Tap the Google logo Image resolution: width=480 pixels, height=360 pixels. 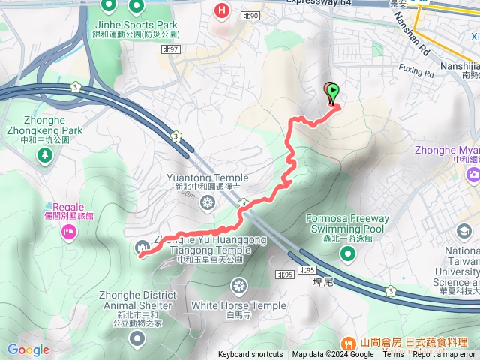point(28,349)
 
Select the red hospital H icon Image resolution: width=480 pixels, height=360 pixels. point(222,10)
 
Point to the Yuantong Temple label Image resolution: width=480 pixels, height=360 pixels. point(206,178)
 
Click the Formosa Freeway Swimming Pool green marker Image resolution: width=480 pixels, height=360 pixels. point(347,253)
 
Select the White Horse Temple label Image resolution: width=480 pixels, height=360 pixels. point(238,305)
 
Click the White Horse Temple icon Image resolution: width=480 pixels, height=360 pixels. point(239,286)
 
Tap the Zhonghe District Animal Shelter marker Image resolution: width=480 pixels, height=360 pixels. point(136,339)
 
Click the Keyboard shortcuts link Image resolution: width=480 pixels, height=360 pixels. point(250,355)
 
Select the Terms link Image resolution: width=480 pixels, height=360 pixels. point(393,355)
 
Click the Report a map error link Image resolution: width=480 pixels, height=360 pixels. point(443,355)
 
